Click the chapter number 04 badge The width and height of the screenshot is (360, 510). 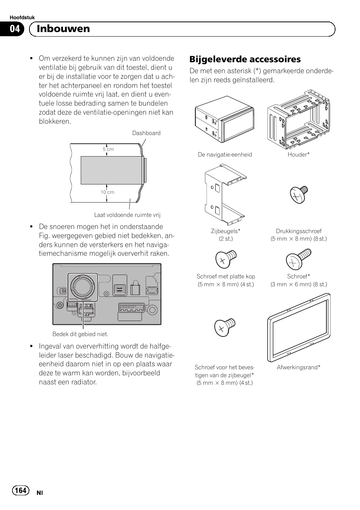click(14, 29)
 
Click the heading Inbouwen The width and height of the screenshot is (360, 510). click(63, 29)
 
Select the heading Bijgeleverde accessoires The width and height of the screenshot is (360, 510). click(245, 59)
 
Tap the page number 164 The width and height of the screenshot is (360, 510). click(21, 490)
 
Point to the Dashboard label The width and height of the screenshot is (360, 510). click(146, 133)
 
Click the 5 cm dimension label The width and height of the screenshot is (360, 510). click(108, 149)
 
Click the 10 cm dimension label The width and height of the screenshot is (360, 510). click(107, 192)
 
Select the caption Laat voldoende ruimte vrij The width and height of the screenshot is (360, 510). click(127, 215)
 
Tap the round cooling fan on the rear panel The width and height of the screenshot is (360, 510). click(83, 287)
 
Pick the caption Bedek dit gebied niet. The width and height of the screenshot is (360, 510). click(80, 334)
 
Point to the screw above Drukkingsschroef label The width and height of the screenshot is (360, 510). click(298, 195)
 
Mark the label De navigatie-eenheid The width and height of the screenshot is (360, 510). click(225, 155)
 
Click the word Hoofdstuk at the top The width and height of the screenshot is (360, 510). click(22, 18)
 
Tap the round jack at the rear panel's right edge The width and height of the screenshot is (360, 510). click(152, 310)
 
